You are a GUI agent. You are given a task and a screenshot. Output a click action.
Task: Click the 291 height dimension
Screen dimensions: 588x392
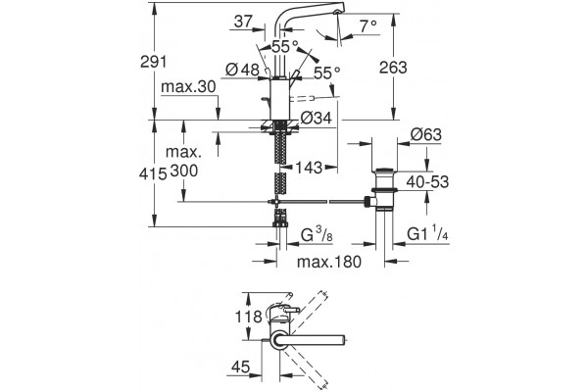coord(153,61)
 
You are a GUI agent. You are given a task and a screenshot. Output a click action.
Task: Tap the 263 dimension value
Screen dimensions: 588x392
coord(393,68)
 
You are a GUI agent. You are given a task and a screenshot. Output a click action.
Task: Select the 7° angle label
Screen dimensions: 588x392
coord(367,26)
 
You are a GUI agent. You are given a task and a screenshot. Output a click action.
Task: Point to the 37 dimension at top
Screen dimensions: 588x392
coord(243,22)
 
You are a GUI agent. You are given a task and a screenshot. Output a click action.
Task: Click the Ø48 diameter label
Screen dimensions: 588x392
coord(243,70)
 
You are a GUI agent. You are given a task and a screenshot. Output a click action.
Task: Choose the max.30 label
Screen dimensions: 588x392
coord(188,87)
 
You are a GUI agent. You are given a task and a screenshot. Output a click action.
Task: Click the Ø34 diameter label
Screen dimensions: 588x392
coord(317,119)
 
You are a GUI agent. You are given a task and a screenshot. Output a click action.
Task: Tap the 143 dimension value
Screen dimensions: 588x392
coord(309,168)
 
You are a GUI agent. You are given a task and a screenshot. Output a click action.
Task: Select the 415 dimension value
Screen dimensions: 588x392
coord(153,174)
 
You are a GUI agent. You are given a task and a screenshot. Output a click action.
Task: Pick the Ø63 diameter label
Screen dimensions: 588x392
coord(426,134)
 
